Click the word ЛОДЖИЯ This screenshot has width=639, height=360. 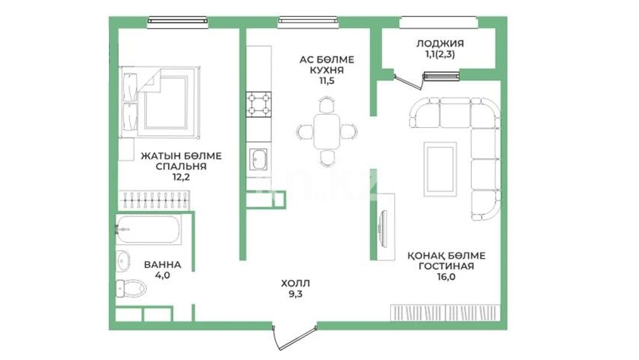coord(439,43)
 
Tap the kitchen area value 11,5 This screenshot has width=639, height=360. coord(327,81)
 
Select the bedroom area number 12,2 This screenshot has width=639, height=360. coord(181,177)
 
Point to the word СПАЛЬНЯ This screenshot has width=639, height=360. coord(181,166)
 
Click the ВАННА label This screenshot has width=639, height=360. coord(163,265)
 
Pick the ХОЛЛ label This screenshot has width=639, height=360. coord(296,283)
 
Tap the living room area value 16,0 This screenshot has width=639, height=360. coord(447,277)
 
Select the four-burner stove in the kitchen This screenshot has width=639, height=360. coord(259,104)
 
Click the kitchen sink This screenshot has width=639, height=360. coord(259,159)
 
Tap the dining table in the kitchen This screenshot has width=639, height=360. coord(327,132)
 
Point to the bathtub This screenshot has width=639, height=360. coord(148,230)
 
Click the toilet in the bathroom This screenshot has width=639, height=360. coord(132,288)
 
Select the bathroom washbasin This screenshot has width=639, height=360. coord(123,262)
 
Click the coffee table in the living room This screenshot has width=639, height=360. coord(439,169)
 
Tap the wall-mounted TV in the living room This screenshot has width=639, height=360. coord(383,228)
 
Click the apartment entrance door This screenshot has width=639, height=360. coord(294,337)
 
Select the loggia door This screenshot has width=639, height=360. coord(408,81)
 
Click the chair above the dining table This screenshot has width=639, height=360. coord(327,104)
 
